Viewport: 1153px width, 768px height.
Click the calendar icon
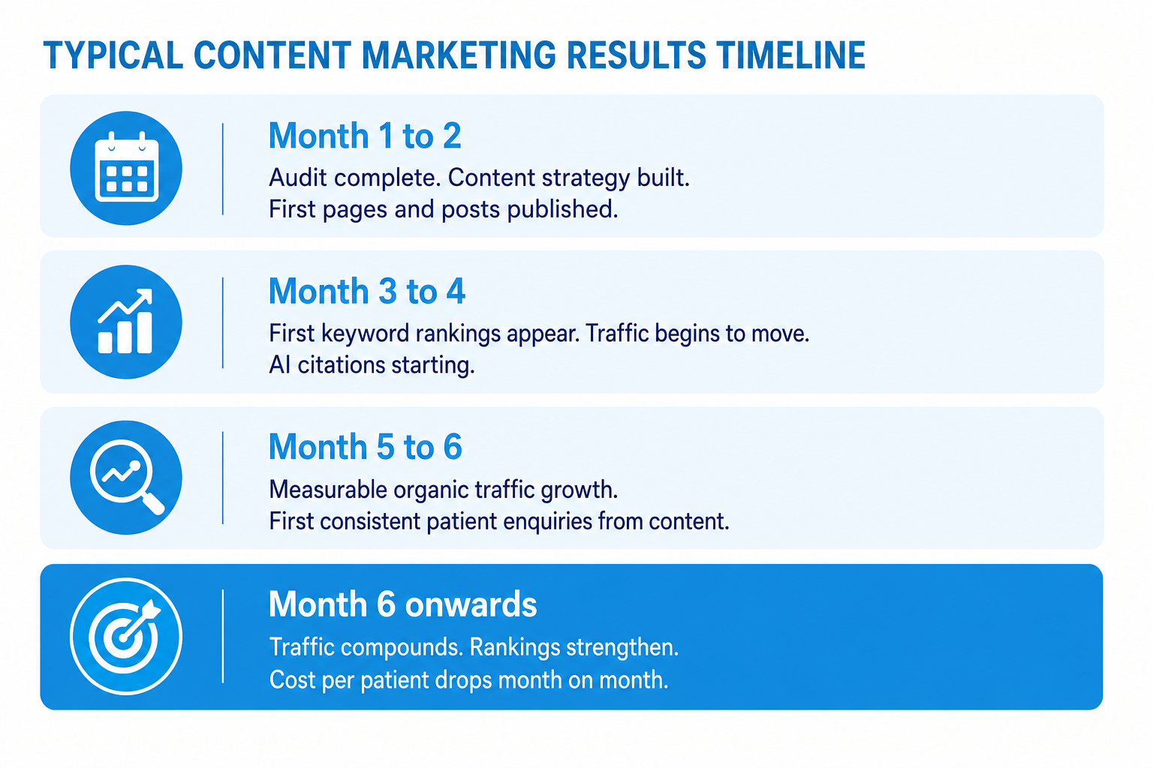(127, 166)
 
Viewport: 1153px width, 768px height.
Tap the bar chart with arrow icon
(125, 321)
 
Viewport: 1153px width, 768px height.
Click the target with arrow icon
(125, 636)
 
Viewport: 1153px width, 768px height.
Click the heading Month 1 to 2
(364, 136)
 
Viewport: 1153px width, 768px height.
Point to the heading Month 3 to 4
(367, 291)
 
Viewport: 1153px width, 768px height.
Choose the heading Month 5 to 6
(366, 446)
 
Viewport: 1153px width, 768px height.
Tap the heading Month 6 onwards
(402, 604)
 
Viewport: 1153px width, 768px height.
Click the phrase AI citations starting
(372, 366)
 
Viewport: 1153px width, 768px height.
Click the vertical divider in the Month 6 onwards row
(223, 636)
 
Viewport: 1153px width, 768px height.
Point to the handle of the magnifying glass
(153, 502)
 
